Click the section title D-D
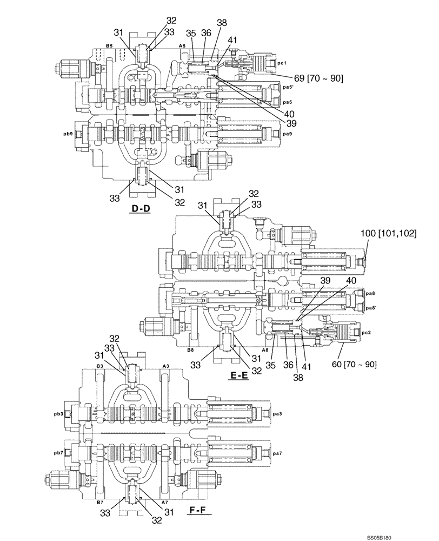pyautogui.click(x=139, y=209)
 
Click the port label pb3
pyautogui.click(x=58, y=414)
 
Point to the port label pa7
pyautogui.click(x=277, y=452)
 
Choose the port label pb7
pyautogui.click(x=58, y=452)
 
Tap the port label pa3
pyautogui.click(x=277, y=414)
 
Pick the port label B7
pyautogui.click(x=99, y=503)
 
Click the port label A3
pyautogui.click(x=167, y=366)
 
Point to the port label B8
pyautogui.click(x=190, y=351)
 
